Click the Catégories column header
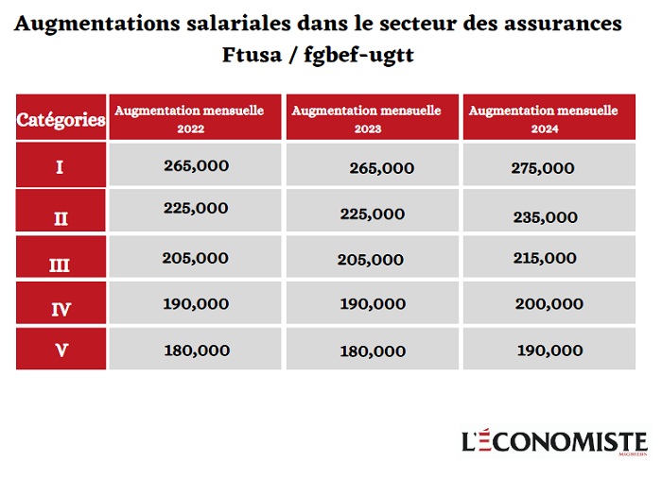click(x=61, y=120)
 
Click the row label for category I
click(x=61, y=167)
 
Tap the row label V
click(x=61, y=351)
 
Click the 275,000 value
click(x=542, y=168)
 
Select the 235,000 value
click(x=545, y=217)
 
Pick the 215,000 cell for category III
click(x=544, y=258)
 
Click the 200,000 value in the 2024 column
click(x=549, y=304)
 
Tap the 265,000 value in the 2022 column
click(x=196, y=165)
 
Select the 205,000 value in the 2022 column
click(x=196, y=258)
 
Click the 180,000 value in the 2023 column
click(x=373, y=351)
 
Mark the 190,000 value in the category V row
click(x=549, y=351)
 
